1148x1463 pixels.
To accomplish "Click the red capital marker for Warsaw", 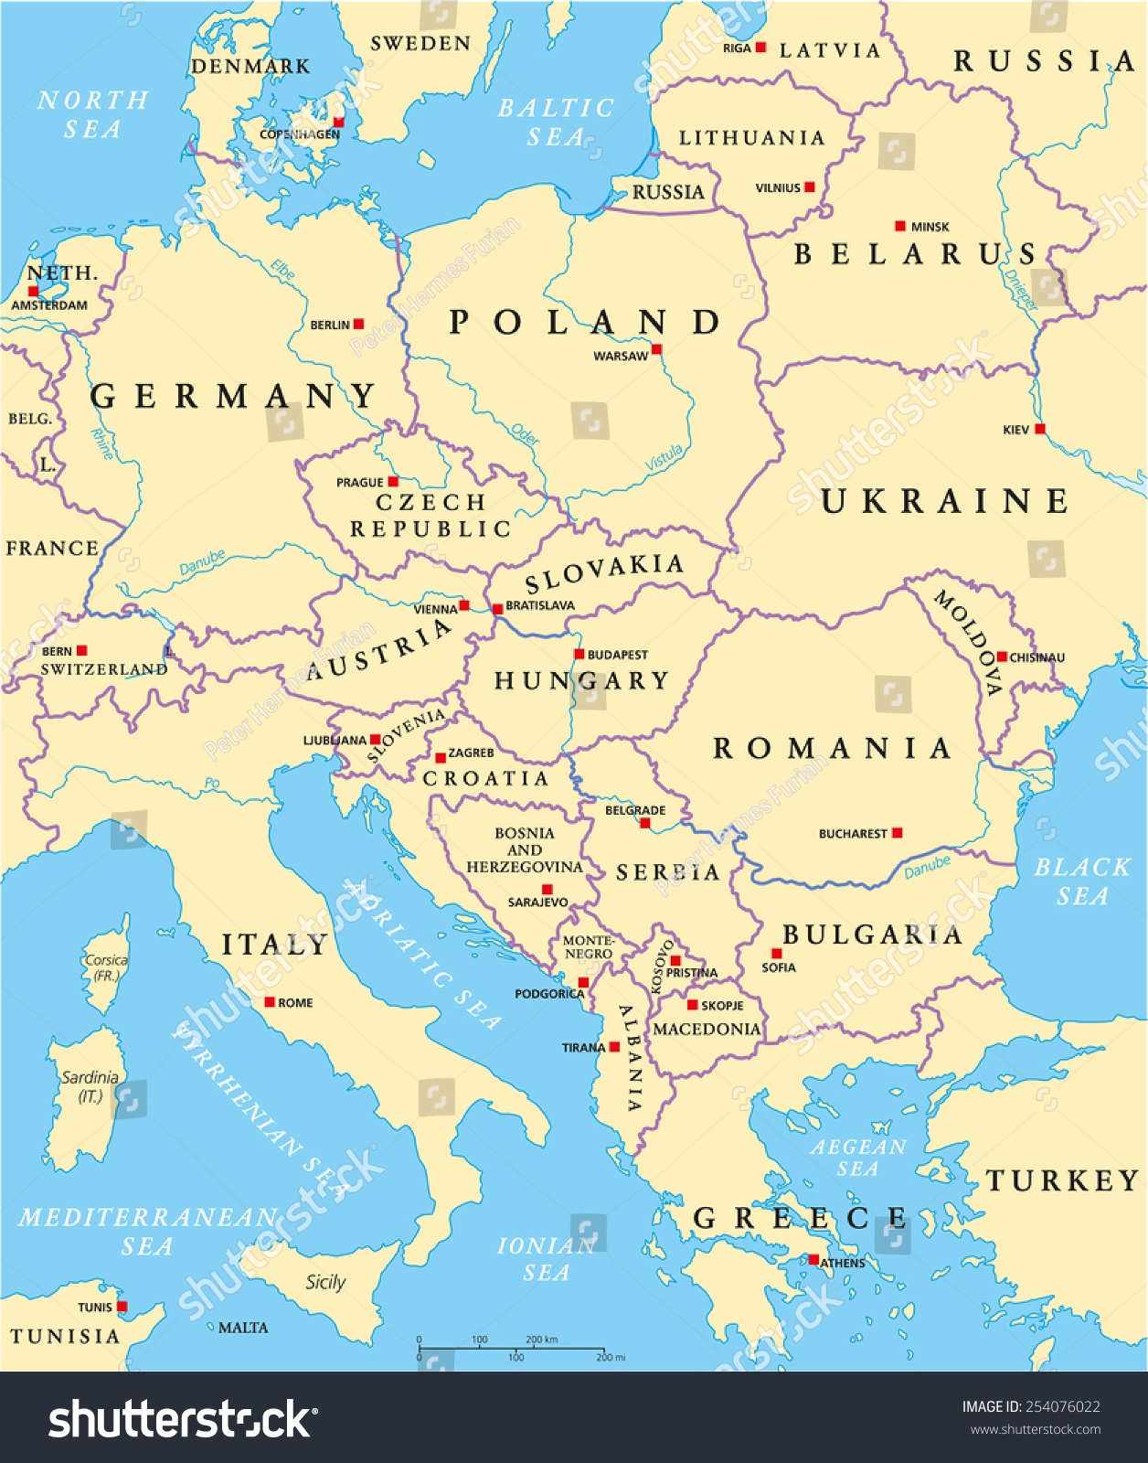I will tap(656, 349).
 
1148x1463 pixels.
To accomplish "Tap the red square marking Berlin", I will tap(359, 324).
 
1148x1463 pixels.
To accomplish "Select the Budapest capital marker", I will tap(579, 654).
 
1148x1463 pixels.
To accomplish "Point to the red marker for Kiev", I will tap(1039, 429).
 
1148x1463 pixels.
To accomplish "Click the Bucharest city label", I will tap(852, 834).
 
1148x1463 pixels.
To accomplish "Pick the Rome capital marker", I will tap(270, 1002).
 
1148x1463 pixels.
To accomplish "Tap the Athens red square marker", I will tap(813, 1259).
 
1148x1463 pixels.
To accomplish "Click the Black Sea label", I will tap(1082, 881).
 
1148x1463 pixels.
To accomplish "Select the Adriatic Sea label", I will tap(424, 956).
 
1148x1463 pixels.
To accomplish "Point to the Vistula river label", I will tap(664, 458).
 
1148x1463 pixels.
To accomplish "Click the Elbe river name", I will tap(282, 270).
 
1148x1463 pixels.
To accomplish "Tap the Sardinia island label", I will tap(90, 1086).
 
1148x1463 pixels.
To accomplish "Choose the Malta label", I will tap(243, 1328).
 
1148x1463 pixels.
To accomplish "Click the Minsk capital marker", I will tap(900, 226).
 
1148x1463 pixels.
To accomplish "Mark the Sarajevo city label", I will tap(537, 902).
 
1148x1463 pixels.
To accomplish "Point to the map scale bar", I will tap(512, 1349).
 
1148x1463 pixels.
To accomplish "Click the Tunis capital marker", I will tap(122, 1307).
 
